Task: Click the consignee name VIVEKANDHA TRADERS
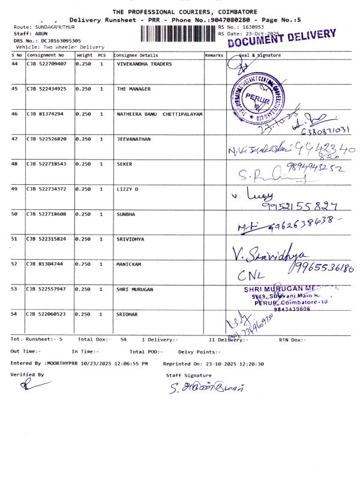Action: pyautogui.click(x=144, y=64)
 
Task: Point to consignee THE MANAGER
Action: pyautogui.click(x=133, y=89)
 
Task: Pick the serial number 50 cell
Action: pyautogui.click(x=15, y=214)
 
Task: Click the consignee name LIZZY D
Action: pyautogui.click(x=127, y=189)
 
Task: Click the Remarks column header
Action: pyautogui.click(x=214, y=55)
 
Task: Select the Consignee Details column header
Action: pyautogui.click(x=136, y=55)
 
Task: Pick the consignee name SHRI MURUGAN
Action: pyautogui.click(x=134, y=289)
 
